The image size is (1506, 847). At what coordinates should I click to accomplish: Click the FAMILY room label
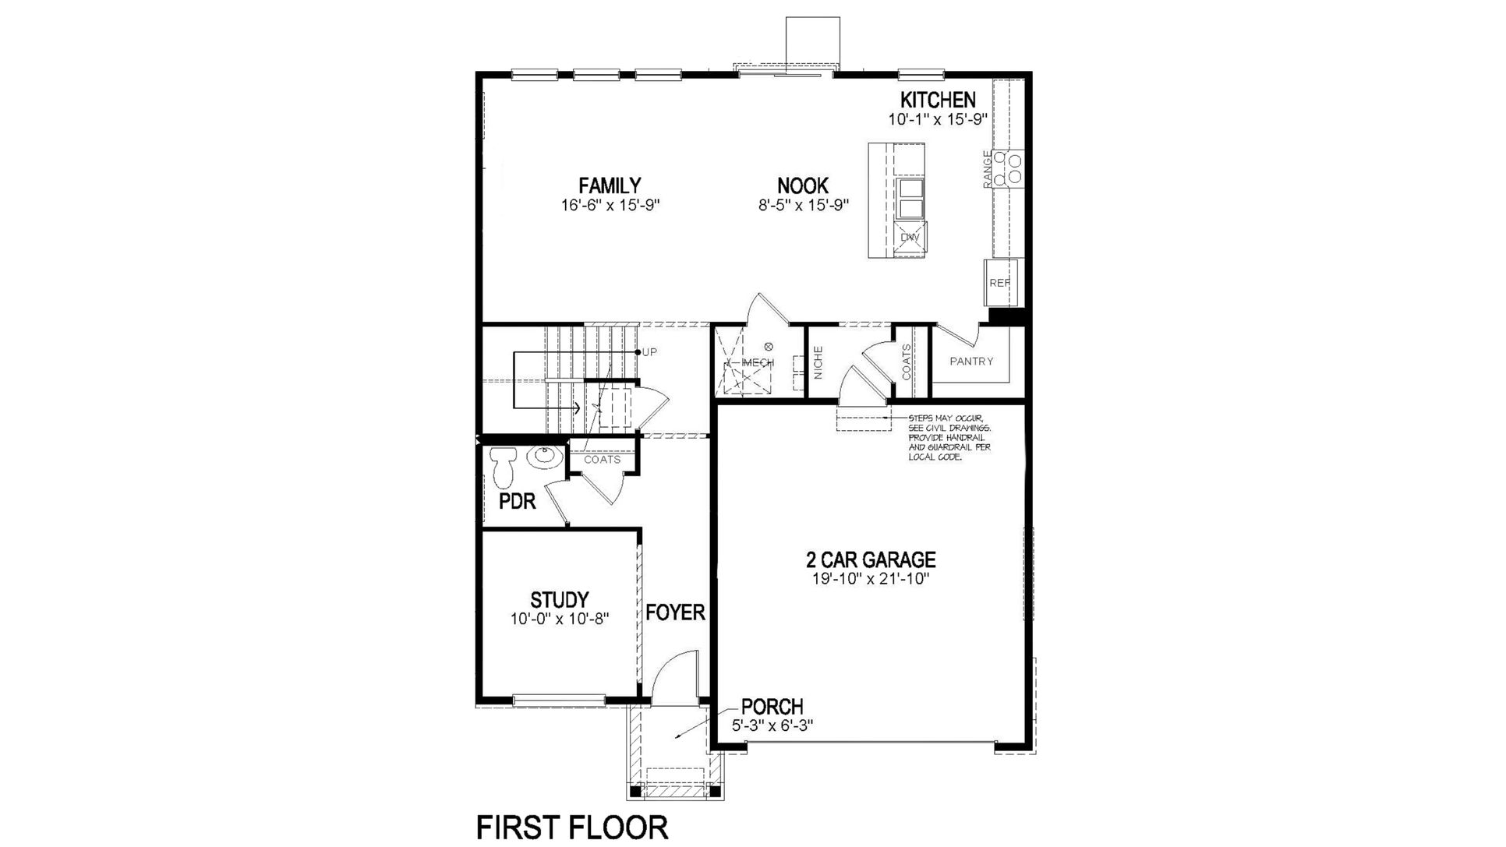tap(610, 185)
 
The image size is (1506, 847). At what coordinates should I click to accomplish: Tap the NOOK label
tap(802, 185)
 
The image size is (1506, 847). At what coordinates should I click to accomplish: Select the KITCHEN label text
tap(938, 100)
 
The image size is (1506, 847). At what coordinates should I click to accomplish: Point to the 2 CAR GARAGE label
tap(870, 559)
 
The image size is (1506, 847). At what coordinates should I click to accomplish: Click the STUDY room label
tap(559, 600)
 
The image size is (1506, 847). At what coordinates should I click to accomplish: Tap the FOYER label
tap(675, 612)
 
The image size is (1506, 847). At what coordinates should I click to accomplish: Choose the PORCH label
tap(772, 707)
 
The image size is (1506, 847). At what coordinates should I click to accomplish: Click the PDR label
tap(518, 502)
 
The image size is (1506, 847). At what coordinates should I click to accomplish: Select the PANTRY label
tap(971, 362)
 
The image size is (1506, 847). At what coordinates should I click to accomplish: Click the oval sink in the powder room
tap(544, 457)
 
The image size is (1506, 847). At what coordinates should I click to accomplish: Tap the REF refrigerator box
tap(999, 283)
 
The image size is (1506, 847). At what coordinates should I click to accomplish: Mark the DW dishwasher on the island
tap(910, 237)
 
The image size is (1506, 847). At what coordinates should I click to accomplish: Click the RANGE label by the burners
tap(988, 168)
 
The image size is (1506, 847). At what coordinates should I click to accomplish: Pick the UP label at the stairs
tap(649, 352)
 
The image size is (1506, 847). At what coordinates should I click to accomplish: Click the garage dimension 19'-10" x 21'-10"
tap(870, 579)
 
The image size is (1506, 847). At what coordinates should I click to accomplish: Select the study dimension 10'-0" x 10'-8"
tap(559, 619)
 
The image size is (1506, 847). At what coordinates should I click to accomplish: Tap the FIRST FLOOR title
tap(572, 827)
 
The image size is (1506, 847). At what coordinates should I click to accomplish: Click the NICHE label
tap(818, 362)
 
